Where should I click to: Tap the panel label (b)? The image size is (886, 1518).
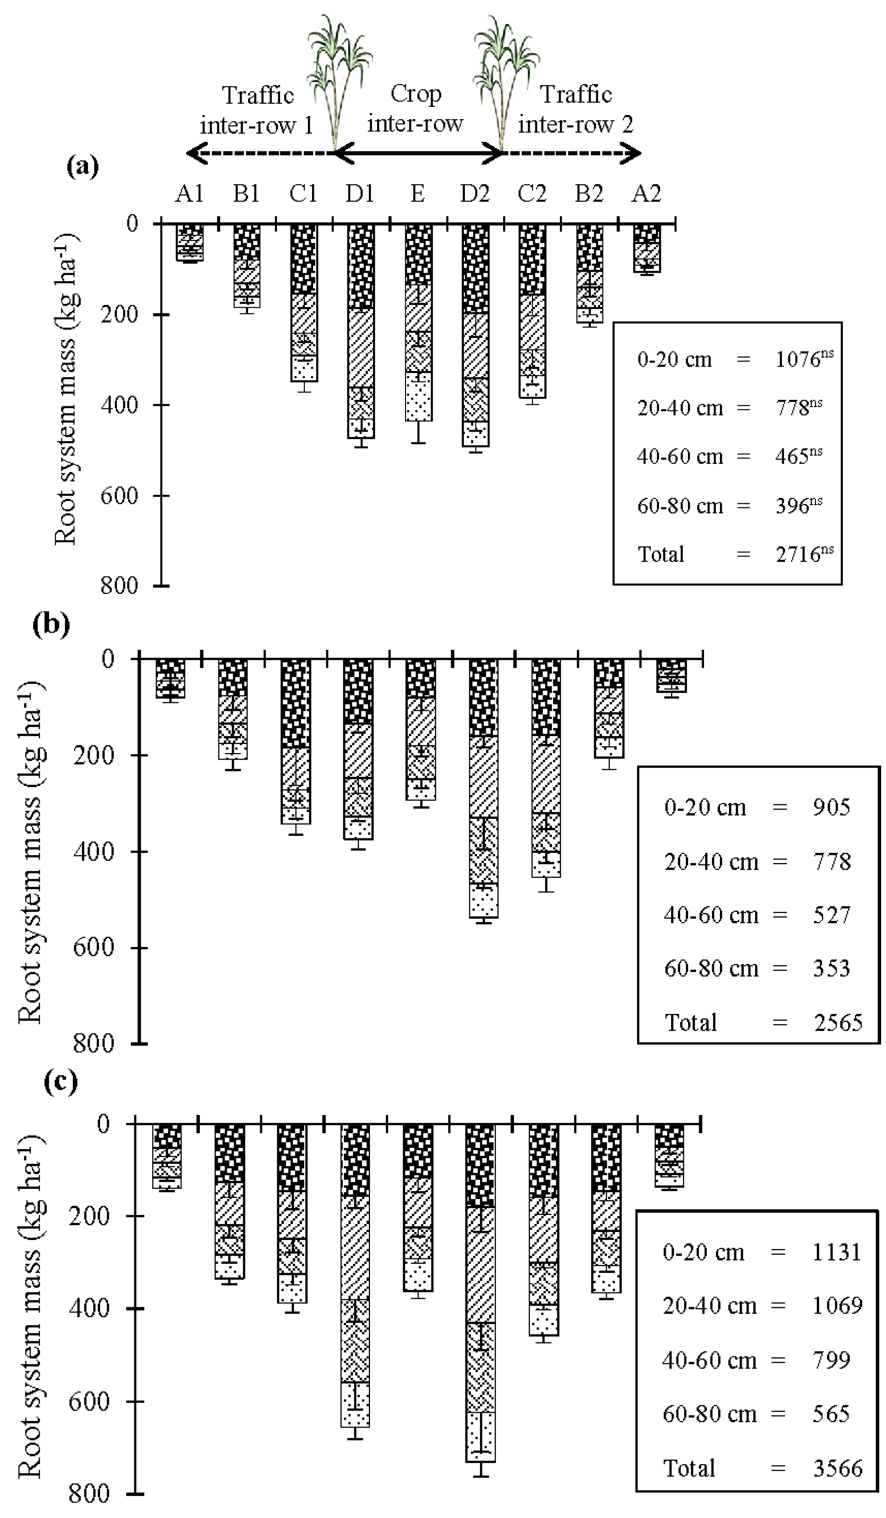pyautogui.click(x=51, y=625)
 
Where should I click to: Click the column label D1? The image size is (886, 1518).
pyautogui.click(x=359, y=194)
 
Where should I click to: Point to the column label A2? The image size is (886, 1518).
pyautogui.click(x=646, y=194)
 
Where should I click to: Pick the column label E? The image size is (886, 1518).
pyautogui.click(x=417, y=194)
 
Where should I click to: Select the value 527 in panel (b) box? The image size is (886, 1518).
pyautogui.click(x=831, y=915)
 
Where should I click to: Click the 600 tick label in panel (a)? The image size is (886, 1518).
pyautogui.click(x=119, y=495)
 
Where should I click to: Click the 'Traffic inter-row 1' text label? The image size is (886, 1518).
pyautogui.click(x=257, y=110)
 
